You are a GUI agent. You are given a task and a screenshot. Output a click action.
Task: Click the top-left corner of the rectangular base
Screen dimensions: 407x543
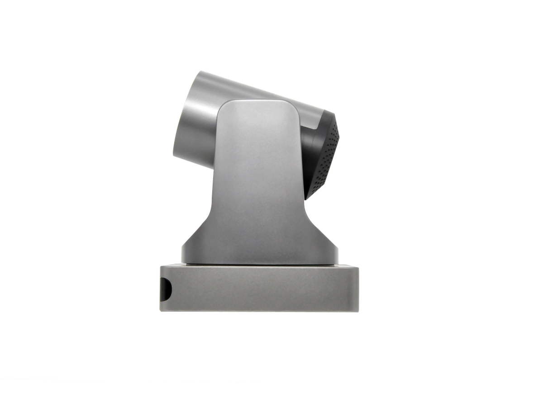click(160, 266)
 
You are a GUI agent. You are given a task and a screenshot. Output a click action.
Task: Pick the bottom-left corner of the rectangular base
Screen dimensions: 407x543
click(160, 311)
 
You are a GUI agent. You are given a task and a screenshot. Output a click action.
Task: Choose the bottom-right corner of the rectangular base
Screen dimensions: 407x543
click(358, 311)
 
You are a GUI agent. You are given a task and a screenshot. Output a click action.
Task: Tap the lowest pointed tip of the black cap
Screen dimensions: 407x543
click(306, 199)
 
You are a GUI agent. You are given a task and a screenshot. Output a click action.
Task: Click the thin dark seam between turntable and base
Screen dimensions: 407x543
click(260, 264)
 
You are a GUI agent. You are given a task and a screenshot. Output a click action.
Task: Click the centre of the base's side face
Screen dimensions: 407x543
click(259, 289)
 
